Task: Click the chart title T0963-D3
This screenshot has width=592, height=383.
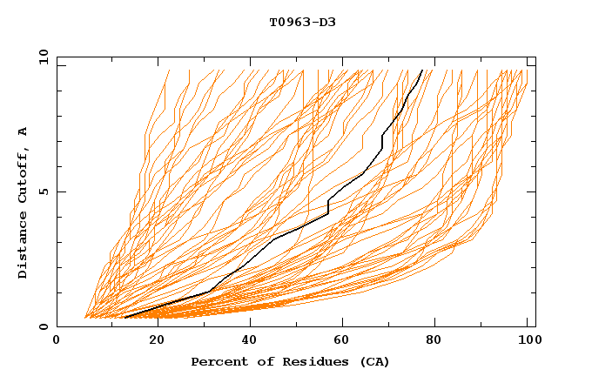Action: point(302,22)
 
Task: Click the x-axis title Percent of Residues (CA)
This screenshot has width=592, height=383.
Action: point(290,361)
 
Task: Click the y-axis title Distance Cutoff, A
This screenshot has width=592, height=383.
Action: point(23,203)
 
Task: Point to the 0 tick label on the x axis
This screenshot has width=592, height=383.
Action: point(57,340)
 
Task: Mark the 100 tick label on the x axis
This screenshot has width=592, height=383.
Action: point(528,340)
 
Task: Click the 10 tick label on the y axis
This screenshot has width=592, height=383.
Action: point(42,56)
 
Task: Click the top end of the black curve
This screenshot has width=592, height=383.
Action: point(422,70)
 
